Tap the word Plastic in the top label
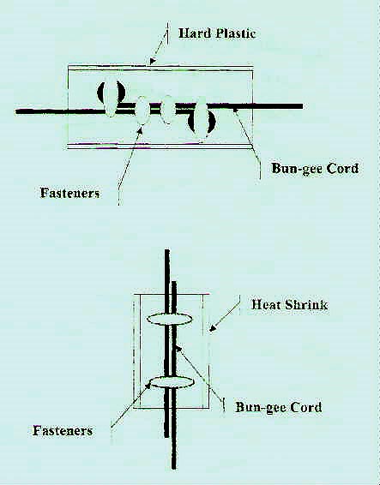click(x=236, y=33)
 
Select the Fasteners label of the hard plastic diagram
click(x=70, y=193)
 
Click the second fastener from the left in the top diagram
click(x=142, y=111)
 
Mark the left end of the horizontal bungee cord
click(x=16, y=111)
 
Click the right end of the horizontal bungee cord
click(x=302, y=106)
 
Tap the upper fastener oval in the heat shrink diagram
click(x=169, y=319)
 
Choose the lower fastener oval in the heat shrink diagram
click(x=172, y=382)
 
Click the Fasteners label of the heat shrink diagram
click(x=63, y=430)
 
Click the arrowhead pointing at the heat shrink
click(x=213, y=329)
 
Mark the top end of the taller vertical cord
click(x=167, y=250)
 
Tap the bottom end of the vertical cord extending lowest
click(x=174, y=468)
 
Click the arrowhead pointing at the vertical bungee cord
click(x=178, y=350)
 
